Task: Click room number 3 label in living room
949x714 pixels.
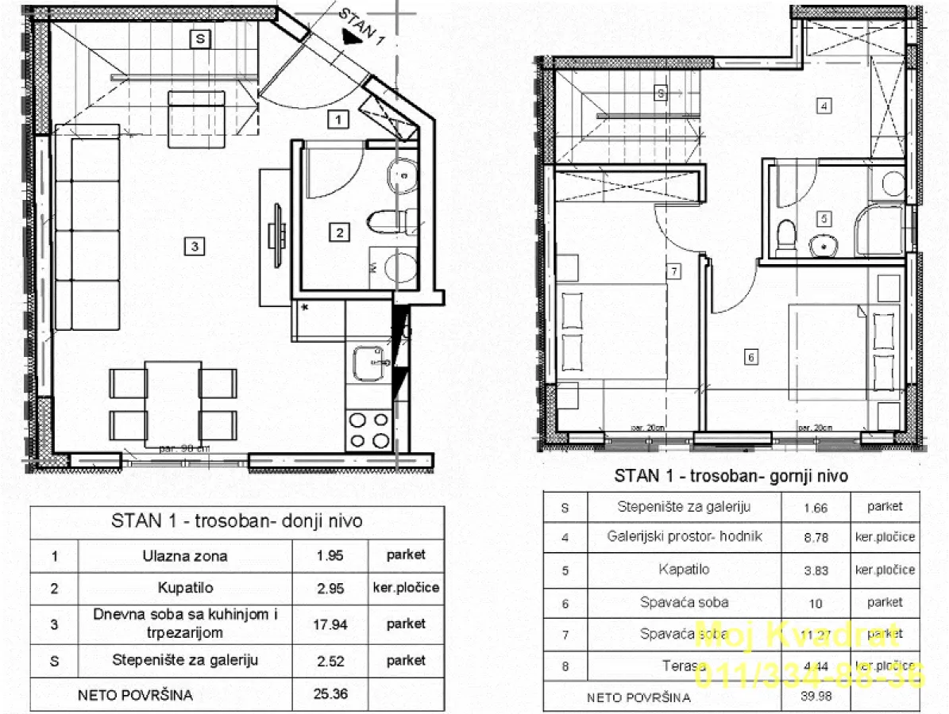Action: (194, 247)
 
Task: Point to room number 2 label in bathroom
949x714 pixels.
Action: (340, 232)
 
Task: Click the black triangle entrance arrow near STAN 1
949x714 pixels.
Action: (347, 35)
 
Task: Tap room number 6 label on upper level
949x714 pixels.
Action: (751, 357)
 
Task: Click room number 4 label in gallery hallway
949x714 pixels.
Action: (825, 106)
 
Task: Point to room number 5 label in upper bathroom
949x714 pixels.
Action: (824, 218)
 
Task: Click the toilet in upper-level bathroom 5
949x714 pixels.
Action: (786, 236)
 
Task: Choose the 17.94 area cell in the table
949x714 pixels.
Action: (330, 624)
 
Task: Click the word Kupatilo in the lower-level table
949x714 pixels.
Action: (185, 588)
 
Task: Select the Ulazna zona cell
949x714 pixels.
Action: (185, 555)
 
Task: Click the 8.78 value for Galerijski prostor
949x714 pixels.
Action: (816, 537)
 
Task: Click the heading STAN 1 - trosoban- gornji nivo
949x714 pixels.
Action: (731, 476)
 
